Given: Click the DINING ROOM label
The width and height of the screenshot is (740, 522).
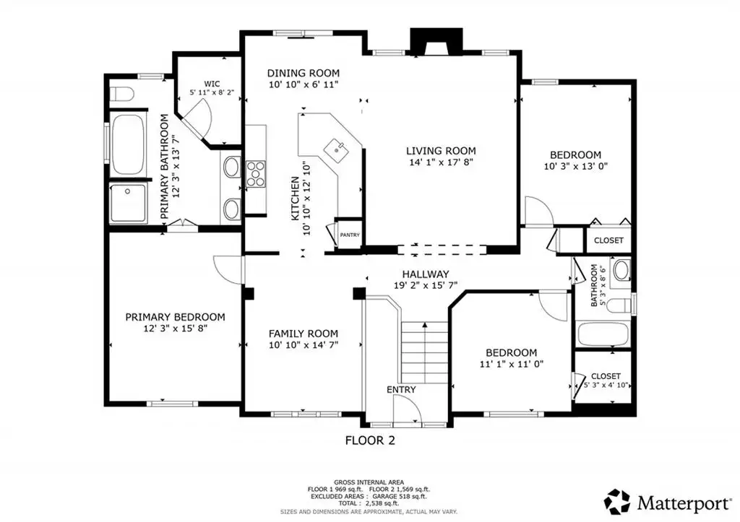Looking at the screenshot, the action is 303,73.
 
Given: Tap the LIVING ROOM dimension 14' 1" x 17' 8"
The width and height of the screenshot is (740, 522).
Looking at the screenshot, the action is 441,162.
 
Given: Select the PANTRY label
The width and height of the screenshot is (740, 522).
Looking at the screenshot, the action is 350,235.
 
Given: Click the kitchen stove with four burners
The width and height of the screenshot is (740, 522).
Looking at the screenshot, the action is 255,174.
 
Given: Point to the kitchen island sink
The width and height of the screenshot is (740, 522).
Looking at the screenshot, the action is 337,150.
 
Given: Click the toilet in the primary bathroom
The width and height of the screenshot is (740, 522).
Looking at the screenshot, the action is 121,95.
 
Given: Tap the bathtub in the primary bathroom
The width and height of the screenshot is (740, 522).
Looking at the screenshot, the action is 127,144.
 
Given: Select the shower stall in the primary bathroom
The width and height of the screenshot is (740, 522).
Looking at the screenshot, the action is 128,203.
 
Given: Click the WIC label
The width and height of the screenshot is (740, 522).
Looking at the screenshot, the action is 212,84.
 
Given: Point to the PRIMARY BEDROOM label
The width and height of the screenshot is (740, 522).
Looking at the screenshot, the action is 175,317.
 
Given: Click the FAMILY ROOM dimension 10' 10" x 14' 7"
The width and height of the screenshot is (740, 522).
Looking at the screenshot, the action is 304,344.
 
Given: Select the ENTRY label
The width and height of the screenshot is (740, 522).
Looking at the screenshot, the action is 401,389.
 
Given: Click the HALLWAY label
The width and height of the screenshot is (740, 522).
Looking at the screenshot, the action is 425,274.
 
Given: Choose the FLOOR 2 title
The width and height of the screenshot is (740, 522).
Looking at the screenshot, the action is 370,440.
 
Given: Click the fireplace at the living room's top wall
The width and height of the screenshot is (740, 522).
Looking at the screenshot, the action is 436,43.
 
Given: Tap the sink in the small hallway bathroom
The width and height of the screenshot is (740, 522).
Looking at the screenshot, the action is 621,271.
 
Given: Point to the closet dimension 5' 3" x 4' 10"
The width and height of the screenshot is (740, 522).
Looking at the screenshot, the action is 606,385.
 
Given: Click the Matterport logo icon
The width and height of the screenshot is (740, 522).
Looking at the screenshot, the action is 617,502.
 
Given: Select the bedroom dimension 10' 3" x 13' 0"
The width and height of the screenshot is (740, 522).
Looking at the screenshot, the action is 576,166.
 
